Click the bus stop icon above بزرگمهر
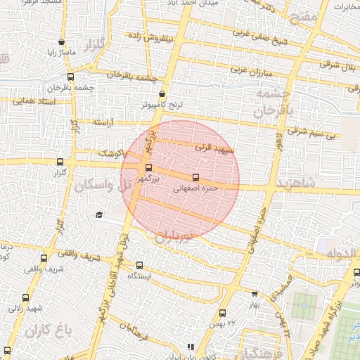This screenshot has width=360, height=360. [148, 167]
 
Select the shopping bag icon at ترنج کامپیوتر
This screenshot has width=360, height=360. [162, 94]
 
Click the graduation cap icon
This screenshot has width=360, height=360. [99, 214]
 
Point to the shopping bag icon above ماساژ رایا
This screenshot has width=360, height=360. [62, 42]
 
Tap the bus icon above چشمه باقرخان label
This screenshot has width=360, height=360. [70, 77]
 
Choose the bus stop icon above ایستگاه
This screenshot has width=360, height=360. [139, 265]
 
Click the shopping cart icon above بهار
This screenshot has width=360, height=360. [254, 294]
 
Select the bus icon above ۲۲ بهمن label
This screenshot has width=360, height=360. [223, 313]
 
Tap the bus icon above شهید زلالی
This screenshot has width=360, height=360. [27, 296]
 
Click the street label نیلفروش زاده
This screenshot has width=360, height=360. [154, 36]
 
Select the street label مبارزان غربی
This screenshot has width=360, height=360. [249, 70]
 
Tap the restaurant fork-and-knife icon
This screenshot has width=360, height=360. [190, 347]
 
